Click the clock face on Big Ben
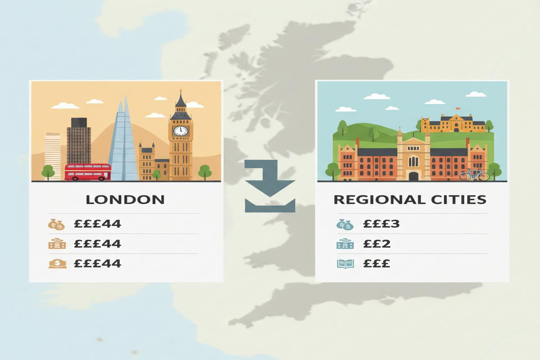pyautogui.click(x=181, y=130)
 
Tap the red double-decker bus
pyautogui.click(x=88, y=172)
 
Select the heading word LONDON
pyautogui.click(x=125, y=199)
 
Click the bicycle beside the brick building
pyautogui.click(x=474, y=174)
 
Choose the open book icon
pyautogui.click(x=346, y=264)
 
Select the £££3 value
pyautogui.click(x=381, y=224)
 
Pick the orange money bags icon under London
pyautogui.click(x=57, y=224)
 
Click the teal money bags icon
pyautogui.click(x=345, y=224)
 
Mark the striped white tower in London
pyautogui.click(x=53, y=155)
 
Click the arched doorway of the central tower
pyautogui.click(x=413, y=175)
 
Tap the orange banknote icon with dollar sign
pyautogui.click(x=57, y=264)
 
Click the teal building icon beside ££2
pyautogui.click(x=345, y=244)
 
